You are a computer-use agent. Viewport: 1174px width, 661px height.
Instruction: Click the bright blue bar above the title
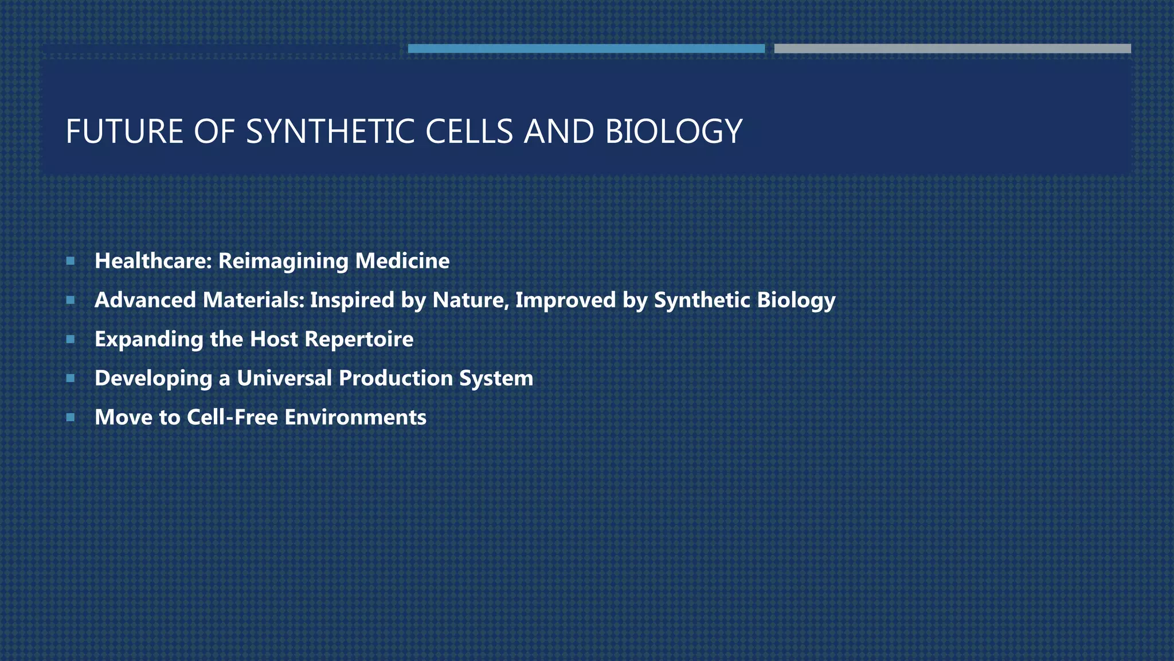point(586,49)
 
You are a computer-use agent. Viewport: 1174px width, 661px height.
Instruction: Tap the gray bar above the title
point(952,49)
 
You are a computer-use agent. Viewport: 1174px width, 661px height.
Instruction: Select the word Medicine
point(402,261)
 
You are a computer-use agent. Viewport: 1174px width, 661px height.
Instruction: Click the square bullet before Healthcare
point(71,261)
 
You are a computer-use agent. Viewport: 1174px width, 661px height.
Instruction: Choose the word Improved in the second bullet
point(565,301)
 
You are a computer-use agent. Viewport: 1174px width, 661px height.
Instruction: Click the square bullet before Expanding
point(71,339)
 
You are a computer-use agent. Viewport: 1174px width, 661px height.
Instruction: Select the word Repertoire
point(359,340)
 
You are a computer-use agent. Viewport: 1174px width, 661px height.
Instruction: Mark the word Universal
point(284,378)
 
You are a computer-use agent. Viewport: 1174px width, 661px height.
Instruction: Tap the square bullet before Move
point(71,417)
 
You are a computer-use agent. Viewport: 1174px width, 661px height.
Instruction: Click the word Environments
point(355,417)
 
